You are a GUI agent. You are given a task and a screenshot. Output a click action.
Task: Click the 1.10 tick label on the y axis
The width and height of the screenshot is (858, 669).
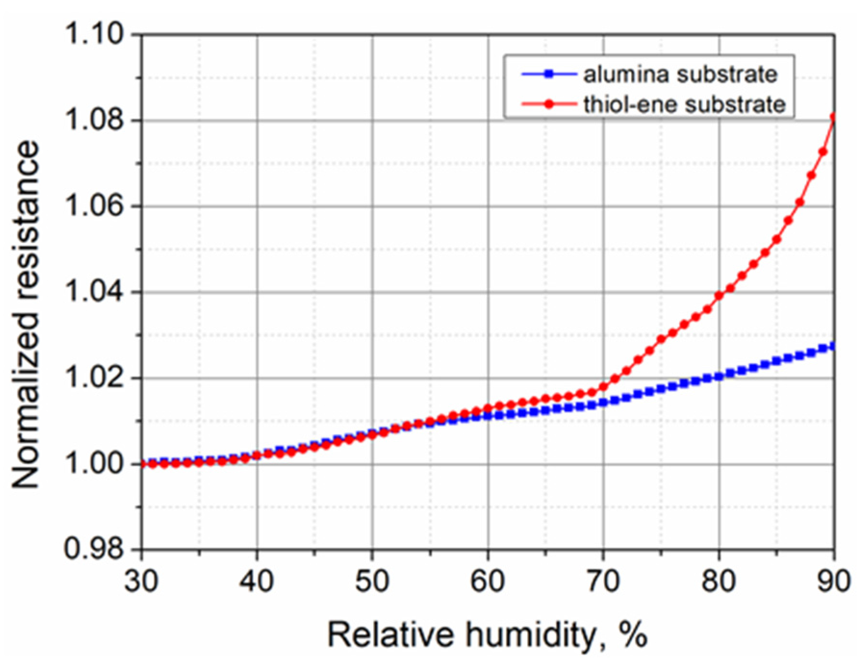click(x=94, y=35)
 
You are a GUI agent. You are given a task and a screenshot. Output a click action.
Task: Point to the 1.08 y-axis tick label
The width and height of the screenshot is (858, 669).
click(x=94, y=120)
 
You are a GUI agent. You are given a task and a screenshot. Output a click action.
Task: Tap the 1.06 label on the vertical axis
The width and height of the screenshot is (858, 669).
click(x=94, y=206)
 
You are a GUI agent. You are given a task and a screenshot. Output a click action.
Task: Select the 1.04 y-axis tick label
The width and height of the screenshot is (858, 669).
click(x=94, y=292)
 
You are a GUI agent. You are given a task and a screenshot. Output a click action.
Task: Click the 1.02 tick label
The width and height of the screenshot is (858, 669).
click(x=94, y=378)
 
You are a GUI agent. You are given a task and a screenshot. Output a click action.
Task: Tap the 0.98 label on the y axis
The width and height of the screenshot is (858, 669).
click(x=94, y=549)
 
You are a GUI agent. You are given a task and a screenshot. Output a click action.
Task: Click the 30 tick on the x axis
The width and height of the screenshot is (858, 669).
click(x=141, y=581)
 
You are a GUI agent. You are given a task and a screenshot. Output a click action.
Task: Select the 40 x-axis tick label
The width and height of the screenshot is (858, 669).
click(x=257, y=581)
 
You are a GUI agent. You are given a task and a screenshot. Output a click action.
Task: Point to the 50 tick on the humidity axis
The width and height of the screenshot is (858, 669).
click(x=372, y=581)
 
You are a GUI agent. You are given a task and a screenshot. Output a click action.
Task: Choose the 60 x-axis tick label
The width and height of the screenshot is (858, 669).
click(x=488, y=581)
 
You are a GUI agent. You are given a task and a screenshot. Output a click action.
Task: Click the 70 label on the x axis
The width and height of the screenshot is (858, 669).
click(x=603, y=581)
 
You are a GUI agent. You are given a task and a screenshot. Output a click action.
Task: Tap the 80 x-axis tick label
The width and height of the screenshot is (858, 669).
click(x=719, y=581)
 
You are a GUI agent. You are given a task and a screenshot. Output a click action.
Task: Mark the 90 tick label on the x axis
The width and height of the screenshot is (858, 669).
click(x=834, y=581)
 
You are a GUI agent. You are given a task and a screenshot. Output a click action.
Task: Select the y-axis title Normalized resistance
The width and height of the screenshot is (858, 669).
click(x=25, y=315)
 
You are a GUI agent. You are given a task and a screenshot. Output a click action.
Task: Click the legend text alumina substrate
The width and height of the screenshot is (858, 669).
click(x=681, y=75)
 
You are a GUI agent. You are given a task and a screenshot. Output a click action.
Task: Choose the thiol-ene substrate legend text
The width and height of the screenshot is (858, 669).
click(x=684, y=104)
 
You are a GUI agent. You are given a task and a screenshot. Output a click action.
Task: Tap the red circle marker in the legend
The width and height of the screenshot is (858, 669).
click(x=549, y=104)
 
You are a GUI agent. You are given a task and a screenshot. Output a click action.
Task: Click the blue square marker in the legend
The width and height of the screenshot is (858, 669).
click(x=549, y=74)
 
